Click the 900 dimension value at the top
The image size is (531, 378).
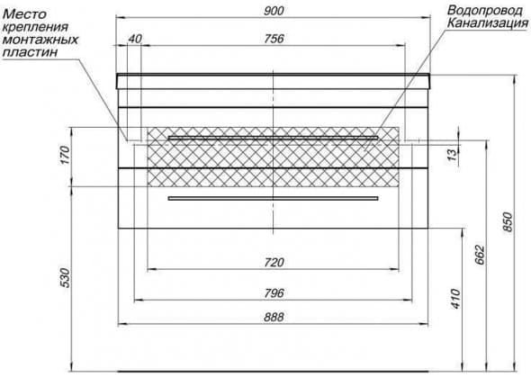[274, 11]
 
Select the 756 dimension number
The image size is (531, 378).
[274, 39]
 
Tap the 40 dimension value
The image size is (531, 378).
[134, 39]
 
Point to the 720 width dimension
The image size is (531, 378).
[274, 263]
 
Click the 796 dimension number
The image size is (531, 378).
[274, 293]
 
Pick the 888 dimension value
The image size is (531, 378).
[274, 318]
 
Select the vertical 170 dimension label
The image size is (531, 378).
[65, 155]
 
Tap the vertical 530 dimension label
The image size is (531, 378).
[65, 278]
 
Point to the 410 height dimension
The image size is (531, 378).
[455, 299]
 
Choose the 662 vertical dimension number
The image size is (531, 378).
[480, 255]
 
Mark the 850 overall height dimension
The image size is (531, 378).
[508, 222]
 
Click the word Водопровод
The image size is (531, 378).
[484, 11]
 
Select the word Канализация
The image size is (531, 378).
[488, 23]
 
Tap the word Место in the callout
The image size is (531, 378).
[24, 14]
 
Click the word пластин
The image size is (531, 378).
[30, 53]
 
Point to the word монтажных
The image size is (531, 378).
[40, 40]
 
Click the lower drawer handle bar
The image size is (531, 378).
[273, 198]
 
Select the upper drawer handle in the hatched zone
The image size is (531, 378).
[273, 138]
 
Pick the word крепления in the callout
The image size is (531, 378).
[36, 27]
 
